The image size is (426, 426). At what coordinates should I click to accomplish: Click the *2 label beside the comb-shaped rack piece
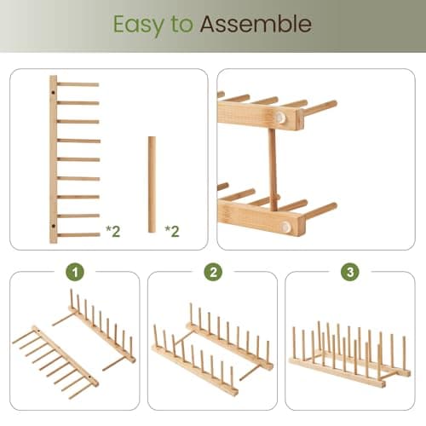click(112, 230)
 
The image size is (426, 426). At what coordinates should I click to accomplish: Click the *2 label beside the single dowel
click(171, 230)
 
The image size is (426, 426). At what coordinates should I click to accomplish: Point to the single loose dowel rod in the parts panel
click(152, 184)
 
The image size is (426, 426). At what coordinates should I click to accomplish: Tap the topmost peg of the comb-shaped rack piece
click(78, 84)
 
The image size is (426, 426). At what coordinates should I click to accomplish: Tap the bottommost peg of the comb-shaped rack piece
click(78, 234)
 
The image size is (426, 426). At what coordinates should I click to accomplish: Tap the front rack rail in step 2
click(194, 368)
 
